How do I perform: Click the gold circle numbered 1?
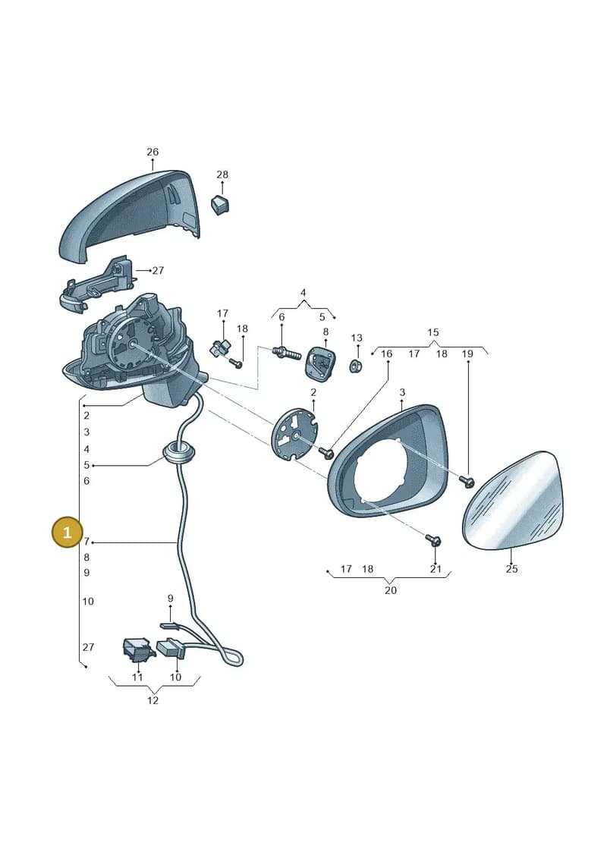pyautogui.click(x=67, y=532)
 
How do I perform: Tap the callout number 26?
pyautogui.click(x=153, y=152)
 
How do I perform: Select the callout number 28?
pyautogui.click(x=222, y=174)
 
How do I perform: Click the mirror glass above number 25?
pyautogui.click(x=512, y=500)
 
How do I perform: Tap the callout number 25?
pyautogui.click(x=511, y=569)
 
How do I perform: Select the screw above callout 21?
pyautogui.click(x=433, y=541)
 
